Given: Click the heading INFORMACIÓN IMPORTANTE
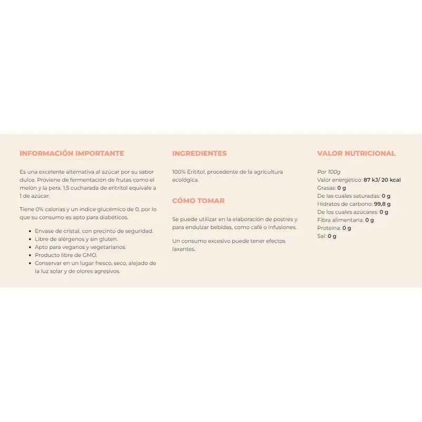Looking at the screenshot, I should pos(72,154).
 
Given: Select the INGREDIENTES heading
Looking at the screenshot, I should pos(199,154).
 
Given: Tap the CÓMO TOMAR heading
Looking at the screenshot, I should pos(198,200).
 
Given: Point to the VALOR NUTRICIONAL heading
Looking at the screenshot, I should pos(356,154).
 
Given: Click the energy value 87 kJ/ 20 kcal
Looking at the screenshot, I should pos(382,180).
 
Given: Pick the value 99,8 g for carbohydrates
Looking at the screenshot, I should pos(382,204).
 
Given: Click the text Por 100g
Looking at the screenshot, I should pos(329,172).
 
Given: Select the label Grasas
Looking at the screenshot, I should pos(326,188).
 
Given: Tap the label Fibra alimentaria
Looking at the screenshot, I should pos(340,220).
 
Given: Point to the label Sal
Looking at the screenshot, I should pos(321,236).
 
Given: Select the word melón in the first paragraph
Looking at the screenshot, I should pos(28,188).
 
